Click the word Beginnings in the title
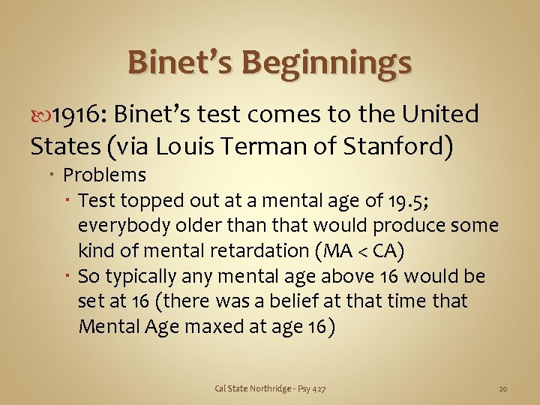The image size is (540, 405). click(x=333, y=62)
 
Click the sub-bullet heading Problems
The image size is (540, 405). click(x=104, y=175)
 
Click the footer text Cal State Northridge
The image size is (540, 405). click(x=252, y=388)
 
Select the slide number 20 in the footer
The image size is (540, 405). click(x=503, y=388)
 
